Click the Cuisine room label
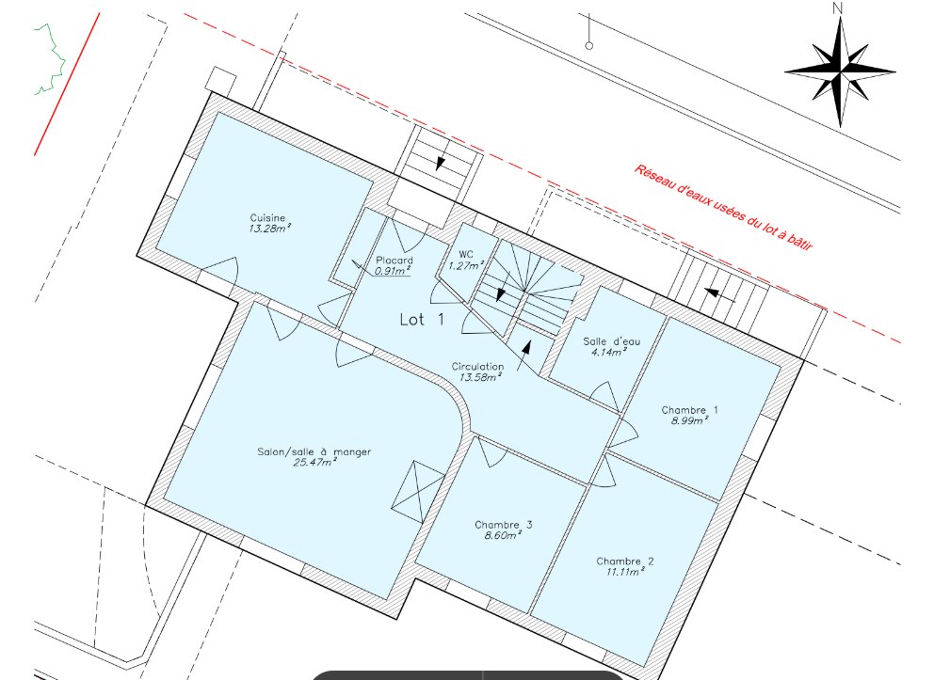click(x=267, y=218)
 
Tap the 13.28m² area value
click(x=269, y=229)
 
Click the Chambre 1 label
click(x=689, y=410)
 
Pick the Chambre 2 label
click(x=625, y=561)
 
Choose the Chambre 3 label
click(x=504, y=525)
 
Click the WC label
click(x=465, y=255)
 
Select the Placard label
click(x=394, y=261)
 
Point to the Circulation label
click(x=477, y=367)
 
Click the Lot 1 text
click(x=422, y=320)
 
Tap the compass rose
click(x=839, y=71)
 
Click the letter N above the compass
click(x=838, y=8)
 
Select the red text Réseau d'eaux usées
click(x=722, y=208)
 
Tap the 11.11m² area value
click(x=626, y=572)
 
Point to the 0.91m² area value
click(x=393, y=271)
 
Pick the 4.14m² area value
click(x=608, y=353)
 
